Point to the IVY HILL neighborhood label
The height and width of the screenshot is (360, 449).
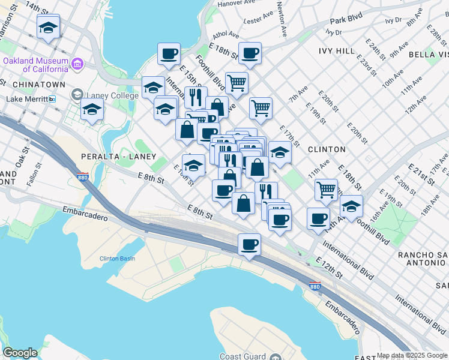point(337,52)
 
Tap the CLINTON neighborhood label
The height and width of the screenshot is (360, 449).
point(327,149)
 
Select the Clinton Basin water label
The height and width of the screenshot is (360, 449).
point(117,259)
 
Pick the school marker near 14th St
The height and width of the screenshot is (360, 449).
point(48,27)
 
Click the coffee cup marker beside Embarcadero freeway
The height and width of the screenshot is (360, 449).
point(249,244)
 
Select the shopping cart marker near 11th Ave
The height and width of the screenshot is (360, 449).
point(326,189)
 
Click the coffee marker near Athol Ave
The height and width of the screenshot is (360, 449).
point(250,53)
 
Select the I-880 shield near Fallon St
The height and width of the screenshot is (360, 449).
point(83,178)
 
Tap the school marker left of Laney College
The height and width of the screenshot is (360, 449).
point(92,109)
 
